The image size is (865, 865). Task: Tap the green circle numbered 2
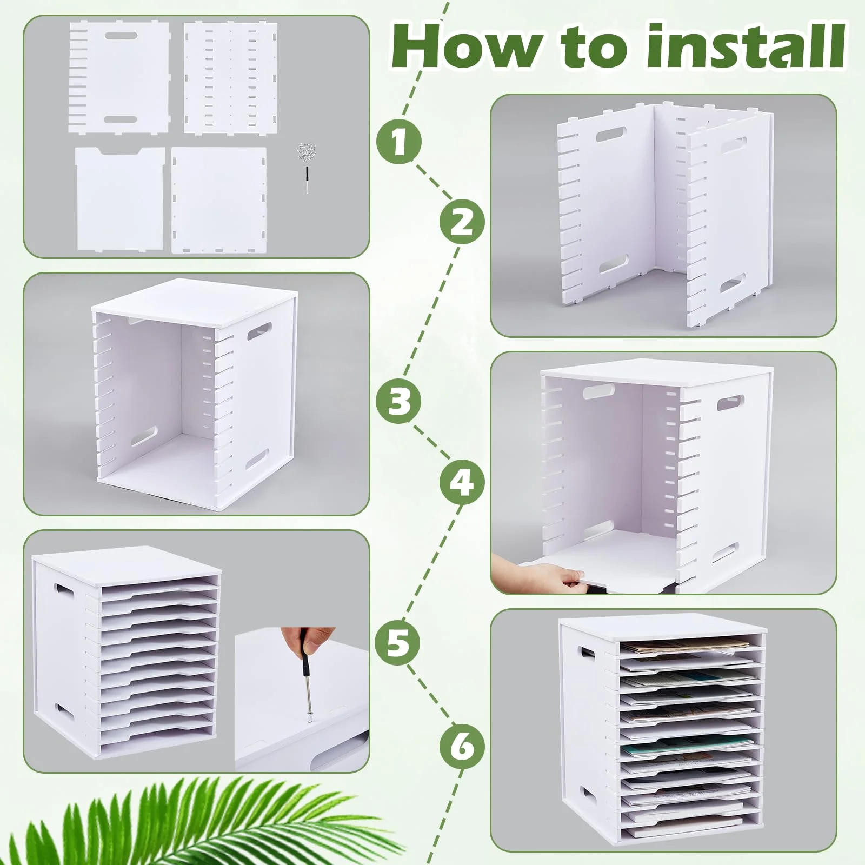tap(462, 222)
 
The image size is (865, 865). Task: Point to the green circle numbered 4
tap(462, 482)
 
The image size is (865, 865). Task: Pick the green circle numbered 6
tap(462, 747)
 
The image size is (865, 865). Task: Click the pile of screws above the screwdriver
tap(307, 152)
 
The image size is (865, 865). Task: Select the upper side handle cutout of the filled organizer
tap(587, 652)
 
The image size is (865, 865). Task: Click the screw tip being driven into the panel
tap(309, 720)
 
